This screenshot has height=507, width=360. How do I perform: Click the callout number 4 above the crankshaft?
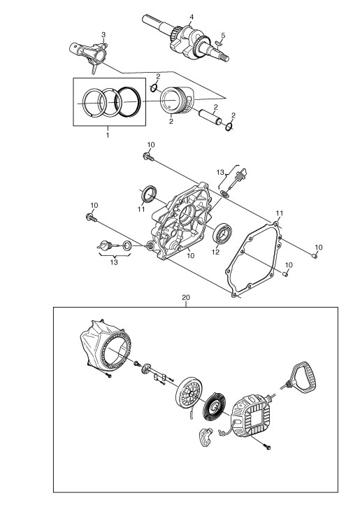click(192, 17)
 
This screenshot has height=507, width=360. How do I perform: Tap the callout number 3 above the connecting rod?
click(103, 34)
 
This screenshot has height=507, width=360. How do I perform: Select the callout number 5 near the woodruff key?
click(223, 35)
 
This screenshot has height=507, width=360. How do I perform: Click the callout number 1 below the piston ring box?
click(108, 134)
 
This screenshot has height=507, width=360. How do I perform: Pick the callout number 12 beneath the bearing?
click(215, 251)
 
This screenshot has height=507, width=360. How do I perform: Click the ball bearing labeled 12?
click(222, 232)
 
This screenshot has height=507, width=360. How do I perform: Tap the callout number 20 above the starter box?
click(186, 297)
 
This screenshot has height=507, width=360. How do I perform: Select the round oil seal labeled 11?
click(149, 194)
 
